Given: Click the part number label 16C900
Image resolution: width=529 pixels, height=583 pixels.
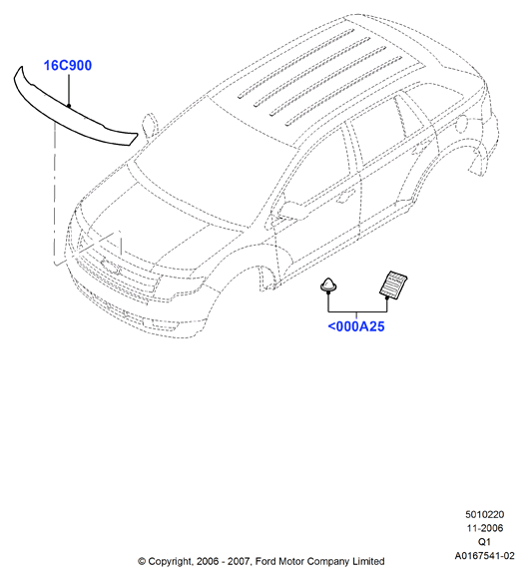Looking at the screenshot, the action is pos(68,66).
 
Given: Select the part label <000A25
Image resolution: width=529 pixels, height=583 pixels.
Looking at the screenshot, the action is pos(356,326).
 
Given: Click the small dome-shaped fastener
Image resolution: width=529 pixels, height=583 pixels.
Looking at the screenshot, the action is pos(328,286).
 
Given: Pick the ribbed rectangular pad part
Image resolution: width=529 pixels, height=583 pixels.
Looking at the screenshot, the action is pos(393,285).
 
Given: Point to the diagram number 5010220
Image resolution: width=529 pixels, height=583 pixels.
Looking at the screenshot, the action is pos(485,514).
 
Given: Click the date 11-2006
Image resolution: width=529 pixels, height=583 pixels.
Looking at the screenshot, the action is pos(485,528).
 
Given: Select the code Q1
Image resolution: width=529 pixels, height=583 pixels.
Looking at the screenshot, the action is pos(485,541).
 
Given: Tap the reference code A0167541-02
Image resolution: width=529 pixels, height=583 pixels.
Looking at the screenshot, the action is pos(485,555).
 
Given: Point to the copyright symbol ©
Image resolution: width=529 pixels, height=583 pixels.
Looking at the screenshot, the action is pos(142,561).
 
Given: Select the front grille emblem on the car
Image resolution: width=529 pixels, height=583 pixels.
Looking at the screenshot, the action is pos(111,267).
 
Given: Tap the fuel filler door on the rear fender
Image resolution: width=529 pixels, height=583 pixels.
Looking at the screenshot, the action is pos(461,124).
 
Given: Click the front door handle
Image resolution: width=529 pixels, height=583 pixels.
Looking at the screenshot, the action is pos(344,197).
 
